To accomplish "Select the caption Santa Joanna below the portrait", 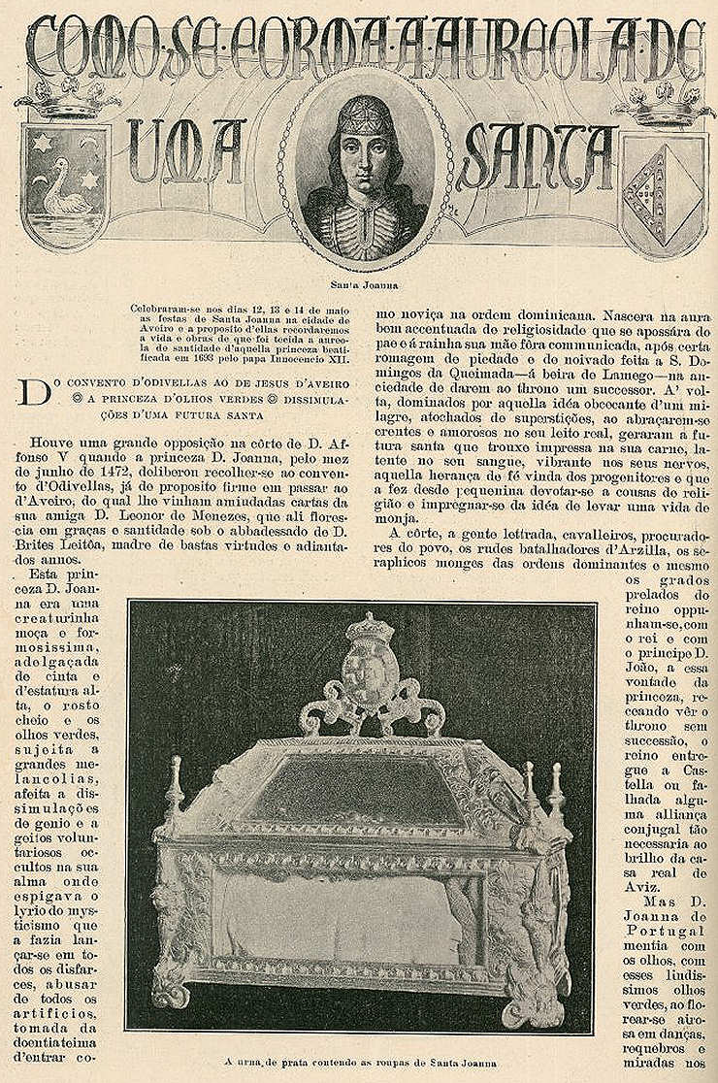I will [x=364, y=285].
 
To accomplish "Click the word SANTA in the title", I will [x=538, y=156].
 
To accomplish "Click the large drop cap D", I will [x=37, y=395].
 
